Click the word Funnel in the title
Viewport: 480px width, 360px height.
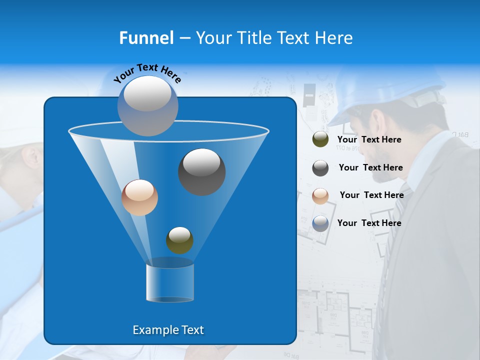pos(146,38)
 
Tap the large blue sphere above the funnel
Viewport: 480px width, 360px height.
pos(147,105)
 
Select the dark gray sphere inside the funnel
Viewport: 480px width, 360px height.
pos(201,171)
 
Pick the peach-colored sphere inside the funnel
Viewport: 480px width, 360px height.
pos(139,197)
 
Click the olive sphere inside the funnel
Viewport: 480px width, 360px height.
pos(179,240)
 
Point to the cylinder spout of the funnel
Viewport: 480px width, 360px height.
pos(170,282)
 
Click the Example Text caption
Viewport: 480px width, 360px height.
pos(168,330)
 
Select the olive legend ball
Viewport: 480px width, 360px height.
pos(320,139)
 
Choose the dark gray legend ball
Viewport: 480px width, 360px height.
pos(320,168)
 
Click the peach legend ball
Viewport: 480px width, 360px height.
pos(320,196)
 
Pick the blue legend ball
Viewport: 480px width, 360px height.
pos(320,223)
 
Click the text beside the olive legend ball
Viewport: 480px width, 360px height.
pos(369,140)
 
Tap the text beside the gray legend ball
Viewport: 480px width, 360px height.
pos(370,168)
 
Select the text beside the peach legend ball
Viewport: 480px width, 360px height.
pos(371,195)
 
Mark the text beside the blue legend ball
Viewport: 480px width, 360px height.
pos(369,223)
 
